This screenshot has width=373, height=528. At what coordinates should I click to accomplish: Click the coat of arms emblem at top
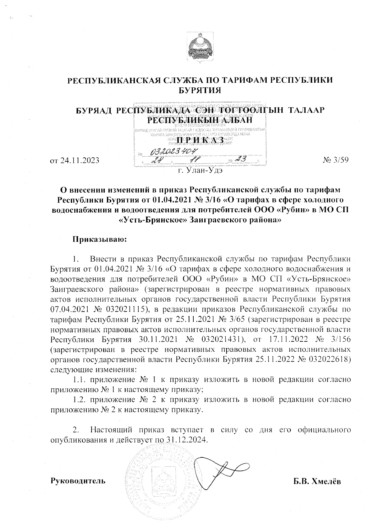[x=200, y=48]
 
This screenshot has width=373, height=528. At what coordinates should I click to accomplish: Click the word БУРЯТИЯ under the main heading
[x=200, y=90]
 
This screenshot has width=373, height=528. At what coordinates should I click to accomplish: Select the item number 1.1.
[x=81, y=379]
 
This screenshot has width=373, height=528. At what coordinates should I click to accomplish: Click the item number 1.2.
[x=81, y=399]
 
